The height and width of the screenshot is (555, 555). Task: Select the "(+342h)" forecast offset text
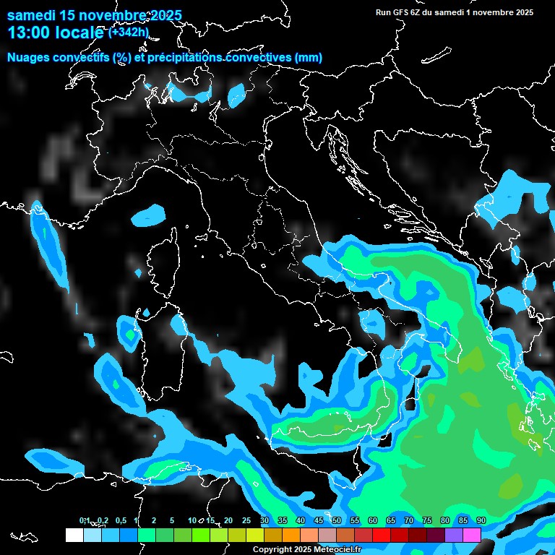pyautogui.click(x=128, y=32)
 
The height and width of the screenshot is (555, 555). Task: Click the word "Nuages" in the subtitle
pyautogui.click(x=28, y=58)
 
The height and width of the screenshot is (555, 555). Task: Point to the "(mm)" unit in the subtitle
pyautogui.click(x=309, y=58)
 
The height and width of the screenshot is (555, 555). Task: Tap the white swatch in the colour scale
pyautogui.click(x=74, y=535)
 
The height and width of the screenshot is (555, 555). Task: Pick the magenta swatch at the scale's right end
pyautogui.click(x=472, y=535)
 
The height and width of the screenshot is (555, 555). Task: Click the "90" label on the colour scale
pyautogui.click(x=481, y=520)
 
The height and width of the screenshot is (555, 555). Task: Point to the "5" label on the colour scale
pyautogui.click(x=172, y=520)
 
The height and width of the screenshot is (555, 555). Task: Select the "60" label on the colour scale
pyautogui.click(x=373, y=520)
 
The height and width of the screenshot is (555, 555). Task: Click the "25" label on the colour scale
pyautogui.click(x=246, y=520)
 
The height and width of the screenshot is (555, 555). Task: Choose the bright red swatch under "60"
pyautogui.click(x=382, y=535)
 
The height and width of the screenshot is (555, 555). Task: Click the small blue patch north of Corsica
pyautogui.click(x=150, y=214)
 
